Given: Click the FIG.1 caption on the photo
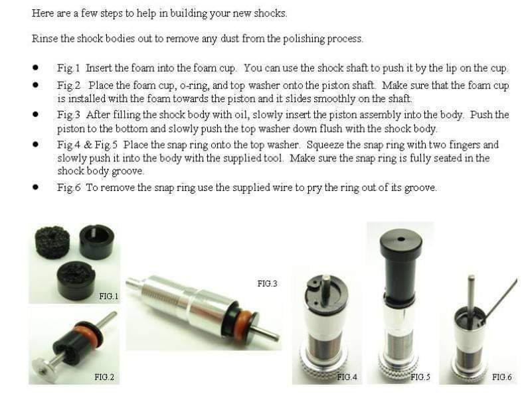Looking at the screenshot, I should coord(108,296).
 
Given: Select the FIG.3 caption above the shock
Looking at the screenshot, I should coord(267,283).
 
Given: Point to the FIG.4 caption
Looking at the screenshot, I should coord(347,377).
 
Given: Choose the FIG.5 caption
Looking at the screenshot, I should coord(420,377).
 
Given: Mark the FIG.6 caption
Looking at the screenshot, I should coord(501,377).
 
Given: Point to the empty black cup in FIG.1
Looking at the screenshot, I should coord(97,240).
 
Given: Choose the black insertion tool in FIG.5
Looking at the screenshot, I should coord(400,265).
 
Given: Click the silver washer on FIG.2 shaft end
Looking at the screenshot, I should coord(44,365).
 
